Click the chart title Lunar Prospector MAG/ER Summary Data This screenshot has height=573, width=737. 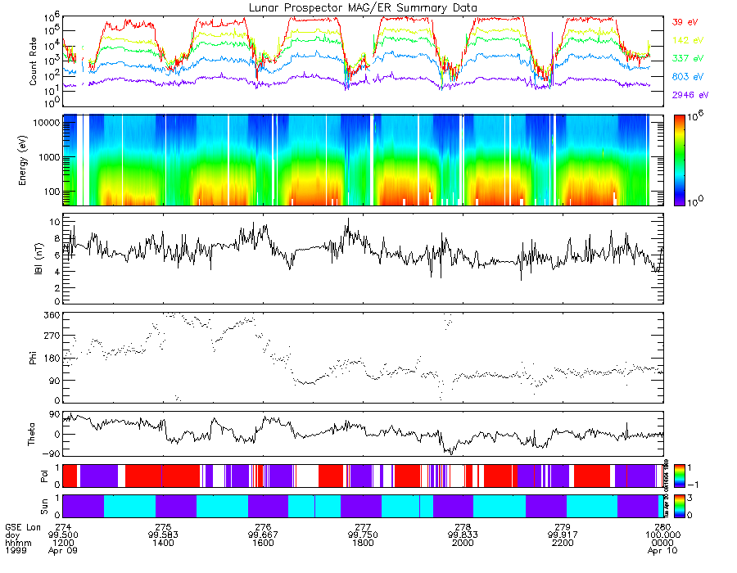point(363,7)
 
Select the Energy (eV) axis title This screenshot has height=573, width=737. point(34,159)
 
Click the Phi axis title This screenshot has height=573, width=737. point(34,357)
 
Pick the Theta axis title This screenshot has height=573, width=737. point(34,434)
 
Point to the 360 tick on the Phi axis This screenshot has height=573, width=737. point(52,315)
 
